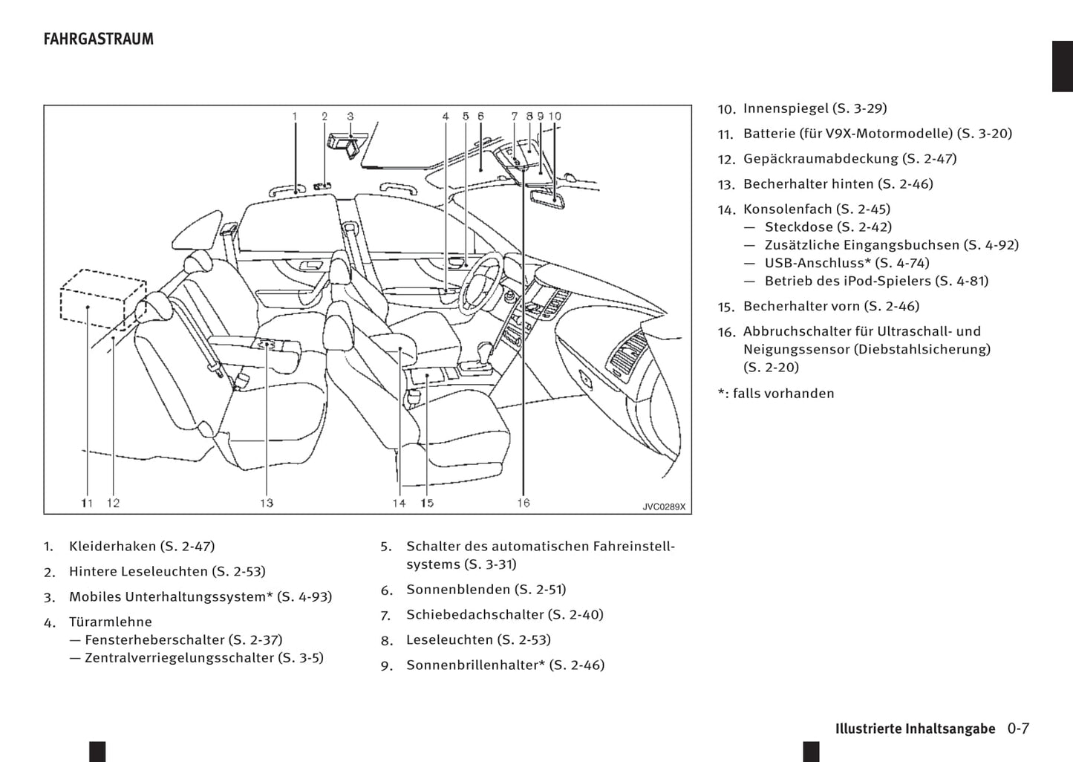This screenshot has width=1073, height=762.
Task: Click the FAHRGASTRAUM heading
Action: [x=99, y=39]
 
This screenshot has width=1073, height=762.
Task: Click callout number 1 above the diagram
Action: [x=294, y=117]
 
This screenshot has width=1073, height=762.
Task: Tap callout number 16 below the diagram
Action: [x=524, y=503]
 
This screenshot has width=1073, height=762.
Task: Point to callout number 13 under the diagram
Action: [x=267, y=503]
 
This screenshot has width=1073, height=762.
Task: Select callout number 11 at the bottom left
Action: [x=87, y=503]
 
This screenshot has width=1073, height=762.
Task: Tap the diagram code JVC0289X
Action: [x=664, y=507]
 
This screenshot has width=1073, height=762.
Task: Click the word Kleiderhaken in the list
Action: [x=112, y=547]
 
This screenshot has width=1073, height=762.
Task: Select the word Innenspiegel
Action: [x=786, y=108]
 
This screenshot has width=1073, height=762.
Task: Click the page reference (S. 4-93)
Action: [x=304, y=597]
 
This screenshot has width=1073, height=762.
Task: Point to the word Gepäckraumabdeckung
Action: [x=821, y=159]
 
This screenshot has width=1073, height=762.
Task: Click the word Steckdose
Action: [x=798, y=227]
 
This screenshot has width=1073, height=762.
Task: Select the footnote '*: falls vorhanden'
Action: [x=776, y=394]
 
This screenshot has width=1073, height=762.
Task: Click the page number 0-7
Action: [x=1018, y=729]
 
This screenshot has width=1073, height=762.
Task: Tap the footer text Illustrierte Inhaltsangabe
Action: [x=915, y=729]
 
